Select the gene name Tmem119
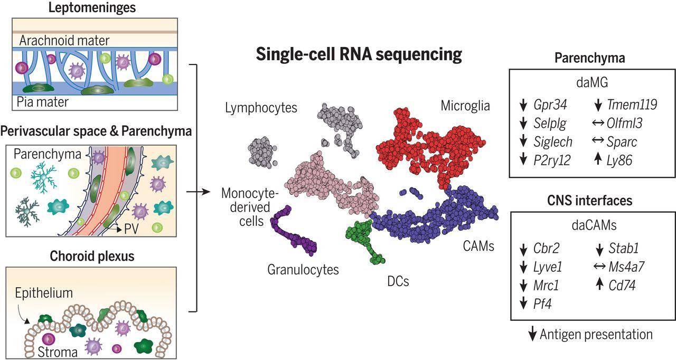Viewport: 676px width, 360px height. click(x=633, y=105)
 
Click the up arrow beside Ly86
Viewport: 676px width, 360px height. click(x=598, y=160)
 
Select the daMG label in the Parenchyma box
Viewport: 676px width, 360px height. click(x=589, y=83)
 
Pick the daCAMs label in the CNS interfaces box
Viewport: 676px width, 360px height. click(x=589, y=226)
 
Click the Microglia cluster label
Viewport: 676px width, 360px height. click(x=465, y=106)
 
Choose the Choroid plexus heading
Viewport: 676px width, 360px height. click(x=92, y=257)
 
